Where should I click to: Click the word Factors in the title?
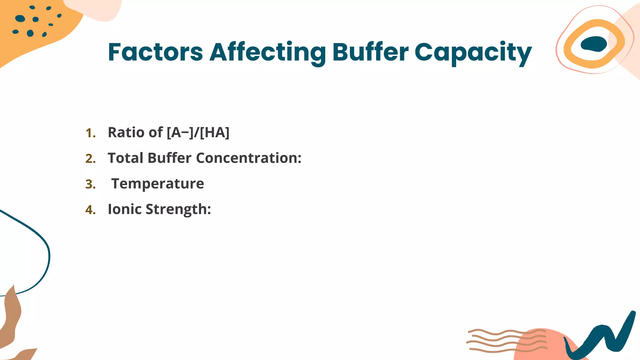pyautogui.click(x=155, y=52)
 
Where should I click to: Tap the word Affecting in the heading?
pyautogui.click(x=267, y=52)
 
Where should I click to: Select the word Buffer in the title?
pyautogui.click(x=370, y=52)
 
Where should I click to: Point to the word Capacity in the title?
pyautogui.click(x=473, y=52)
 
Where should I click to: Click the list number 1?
pyautogui.click(x=90, y=133)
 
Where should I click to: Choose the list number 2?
pyautogui.click(x=90, y=159)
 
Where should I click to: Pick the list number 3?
pyautogui.click(x=90, y=184)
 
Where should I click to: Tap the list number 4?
pyautogui.click(x=90, y=210)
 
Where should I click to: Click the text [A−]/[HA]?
pyautogui.click(x=198, y=132)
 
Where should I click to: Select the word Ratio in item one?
pyautogui.click(x=126, y=132)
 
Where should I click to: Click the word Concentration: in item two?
pyautogui.click(x=249, y=158)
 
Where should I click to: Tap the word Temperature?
pyautogui.click(x=157, y=184)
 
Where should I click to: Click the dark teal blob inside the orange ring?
pyautogui.click(x=594, y=44)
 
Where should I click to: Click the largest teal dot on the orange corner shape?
pyautogui.click(x=20, y=18)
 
